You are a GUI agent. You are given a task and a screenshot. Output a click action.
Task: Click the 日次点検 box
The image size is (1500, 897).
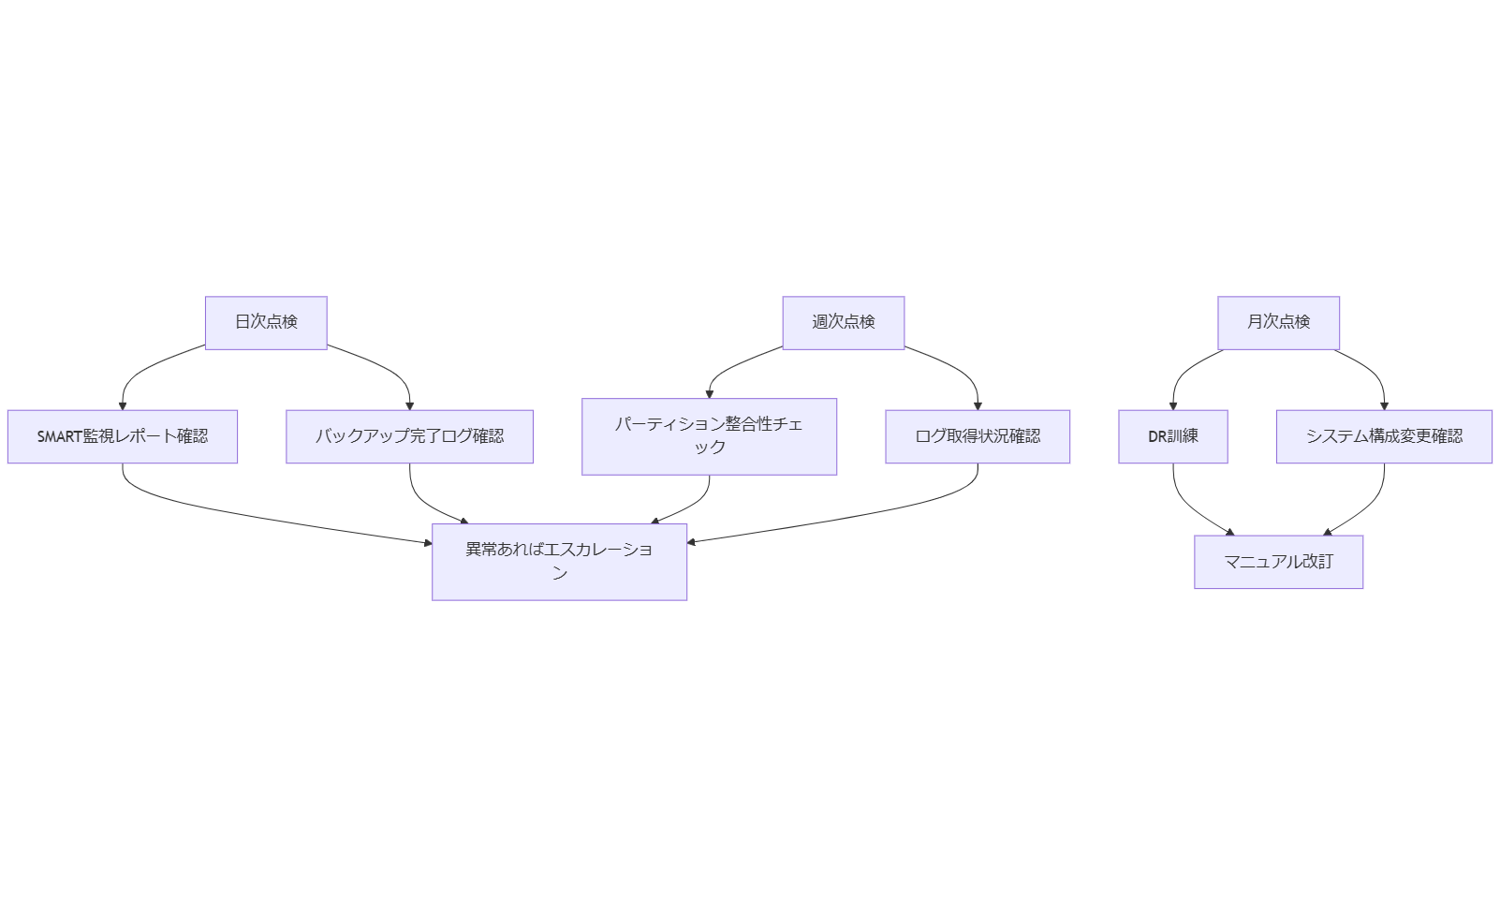(266, 322)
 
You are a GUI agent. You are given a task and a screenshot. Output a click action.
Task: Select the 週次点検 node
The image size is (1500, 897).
(843, 322)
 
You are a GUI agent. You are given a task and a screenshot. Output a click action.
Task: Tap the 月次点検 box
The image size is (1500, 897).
(1278, 322)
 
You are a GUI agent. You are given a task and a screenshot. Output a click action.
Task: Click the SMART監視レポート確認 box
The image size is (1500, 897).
(123, 436)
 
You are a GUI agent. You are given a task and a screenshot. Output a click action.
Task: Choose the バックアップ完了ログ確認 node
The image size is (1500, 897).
(409, 436)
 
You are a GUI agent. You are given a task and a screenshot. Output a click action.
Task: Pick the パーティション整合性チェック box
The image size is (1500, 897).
(709, 436)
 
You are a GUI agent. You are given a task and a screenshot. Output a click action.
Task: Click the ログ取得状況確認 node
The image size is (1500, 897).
(978, 436)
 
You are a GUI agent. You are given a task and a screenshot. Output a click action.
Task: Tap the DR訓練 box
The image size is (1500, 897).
(1172, 436)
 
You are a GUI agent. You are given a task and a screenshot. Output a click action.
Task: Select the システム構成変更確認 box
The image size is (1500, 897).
(1384, 436)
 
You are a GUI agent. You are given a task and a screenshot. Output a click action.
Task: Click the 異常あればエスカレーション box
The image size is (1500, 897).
(559, 562)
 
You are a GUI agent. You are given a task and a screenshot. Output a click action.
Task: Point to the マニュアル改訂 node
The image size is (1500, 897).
(1278, 562)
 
